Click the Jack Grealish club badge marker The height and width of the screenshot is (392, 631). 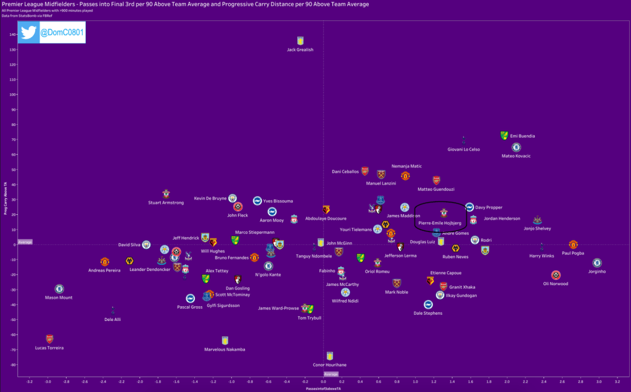(x=300, y=41)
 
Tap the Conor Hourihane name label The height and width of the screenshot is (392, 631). (x=329, y=365)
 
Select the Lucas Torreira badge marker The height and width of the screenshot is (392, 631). (x=49, y=339)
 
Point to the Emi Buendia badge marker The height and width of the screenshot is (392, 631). (x=504, y=135)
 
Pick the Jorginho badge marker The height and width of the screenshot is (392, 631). (x=596, y=263)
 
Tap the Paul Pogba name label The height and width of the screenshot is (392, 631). (x=573, y=253)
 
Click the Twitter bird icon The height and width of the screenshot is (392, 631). (x=28, y=32)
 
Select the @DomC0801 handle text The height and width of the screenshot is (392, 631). (x=62, y=32)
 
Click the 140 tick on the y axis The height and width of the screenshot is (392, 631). (x=12, y=35)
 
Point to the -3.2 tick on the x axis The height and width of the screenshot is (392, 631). (x=29, y=382)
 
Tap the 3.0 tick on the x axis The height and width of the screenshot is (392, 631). (x=599, y=382)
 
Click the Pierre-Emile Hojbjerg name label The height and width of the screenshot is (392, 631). (x=440, y=223)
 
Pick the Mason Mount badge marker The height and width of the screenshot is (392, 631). (x=59, y=288)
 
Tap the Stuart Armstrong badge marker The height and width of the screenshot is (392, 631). (x=166, y=194)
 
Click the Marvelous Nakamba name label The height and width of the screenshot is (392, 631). (x=225, y=349)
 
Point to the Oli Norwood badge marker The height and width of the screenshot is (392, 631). (x=556, y=275)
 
